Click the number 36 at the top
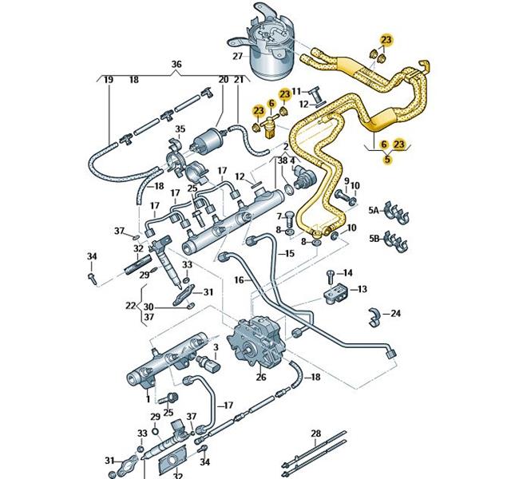point(176,64)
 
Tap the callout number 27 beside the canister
point(237,57)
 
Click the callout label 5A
point(373,211)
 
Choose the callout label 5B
point(373,238)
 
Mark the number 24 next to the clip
point(397,313)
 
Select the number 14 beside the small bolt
point(347,273)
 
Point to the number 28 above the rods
point(315,433)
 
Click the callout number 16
point(238,280)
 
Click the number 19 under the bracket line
point(108,80)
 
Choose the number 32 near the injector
point(138,248)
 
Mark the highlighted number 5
point(387,159)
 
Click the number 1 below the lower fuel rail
point(147,397)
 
